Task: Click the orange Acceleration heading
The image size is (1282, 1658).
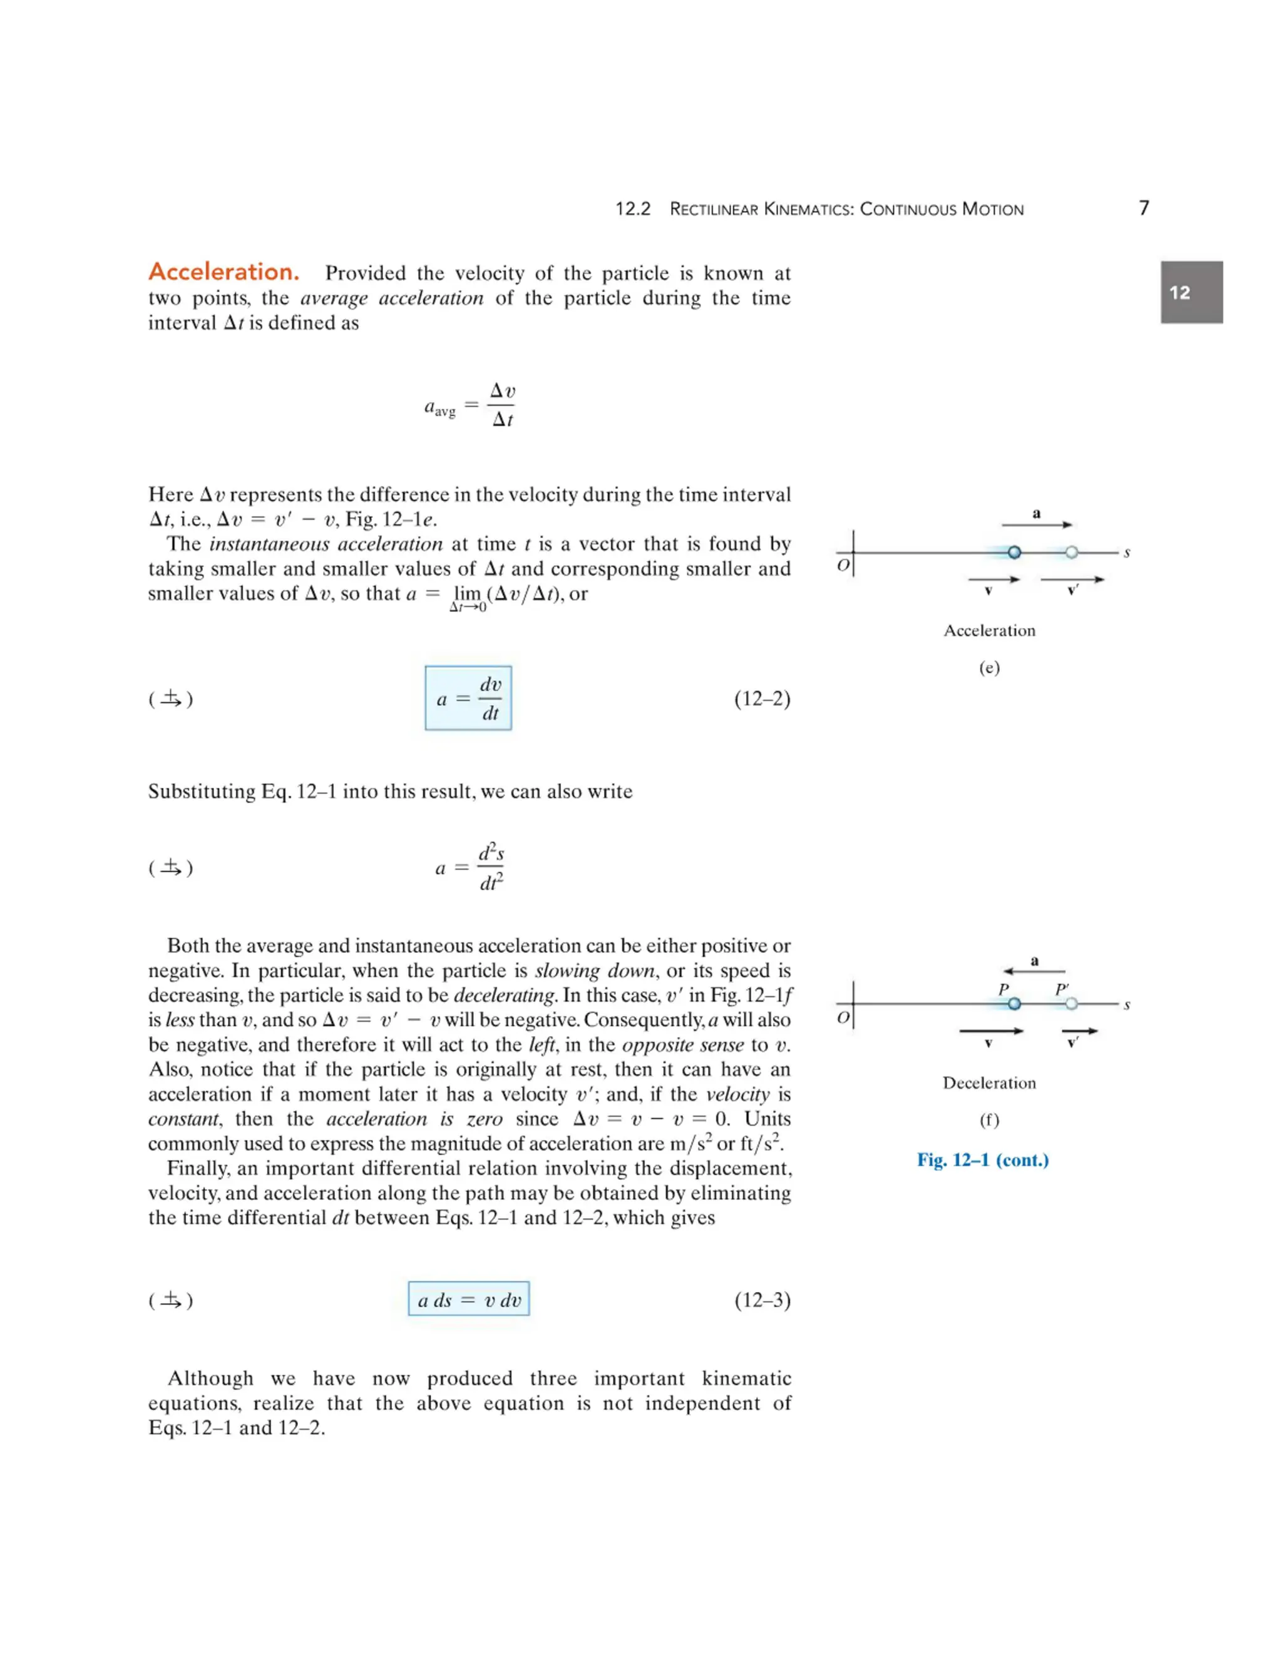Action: pyautogui.click(x=223, y=272)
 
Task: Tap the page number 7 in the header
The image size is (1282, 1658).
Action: pyautogui.click(x=1143, y=208)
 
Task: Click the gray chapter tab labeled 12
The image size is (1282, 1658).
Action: pyautogui.click(x=1190, y=292)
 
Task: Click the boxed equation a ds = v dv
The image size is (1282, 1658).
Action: pyautogui.click(x=469, y=1301)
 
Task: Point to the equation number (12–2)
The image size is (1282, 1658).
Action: pyautogui.click(x=762, y=698)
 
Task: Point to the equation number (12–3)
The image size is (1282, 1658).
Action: pyautogui.click(x=762, y=1301)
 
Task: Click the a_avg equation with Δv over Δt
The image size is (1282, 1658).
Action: pyautogui.click(x=469, y=405)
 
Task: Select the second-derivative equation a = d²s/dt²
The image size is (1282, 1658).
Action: pyautogui.click(x=469, y=867)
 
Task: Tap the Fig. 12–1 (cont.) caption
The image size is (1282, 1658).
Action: pyautogui.click(x=982, y=1160)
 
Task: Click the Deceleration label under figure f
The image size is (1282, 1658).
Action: pyautogui.click(x=989, y=1082)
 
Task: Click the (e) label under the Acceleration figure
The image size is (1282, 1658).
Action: pyautogui.click(x=989, y=668)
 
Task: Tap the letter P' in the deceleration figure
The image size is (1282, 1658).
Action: pyautogui.click(x=1062, y=990)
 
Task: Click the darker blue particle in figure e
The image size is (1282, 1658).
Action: pyautogui.click(x=1014, y=552)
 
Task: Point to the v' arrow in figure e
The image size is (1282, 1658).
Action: pyautogui.click(x=1072, y=579)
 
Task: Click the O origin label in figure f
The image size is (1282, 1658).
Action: pyautogui.click(x=843, y=1017)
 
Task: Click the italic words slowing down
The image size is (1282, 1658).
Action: pyautogui.click(x=595, y=970)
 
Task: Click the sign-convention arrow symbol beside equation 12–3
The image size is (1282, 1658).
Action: pyautogui.click(x=172, y=1301)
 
